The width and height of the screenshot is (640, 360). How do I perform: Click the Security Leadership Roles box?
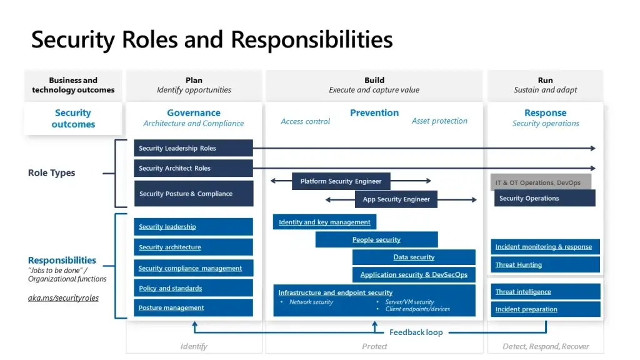(x=194, y=148)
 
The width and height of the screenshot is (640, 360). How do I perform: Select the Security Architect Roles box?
(x=194, y=168)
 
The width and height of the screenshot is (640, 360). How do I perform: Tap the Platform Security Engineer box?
(x=341, y=181)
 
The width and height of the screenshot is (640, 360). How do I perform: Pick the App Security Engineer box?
(x=396, y=199)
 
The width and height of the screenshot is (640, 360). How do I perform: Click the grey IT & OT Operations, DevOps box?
(x=541, y=182)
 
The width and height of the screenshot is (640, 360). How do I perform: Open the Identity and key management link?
(x=324, y=222)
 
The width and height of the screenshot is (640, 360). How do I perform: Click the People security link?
(x=376, y=239)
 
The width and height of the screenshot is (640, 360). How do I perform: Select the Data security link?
(x=414, y=257)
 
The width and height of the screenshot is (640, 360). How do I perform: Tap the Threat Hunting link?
(x=518, y=264)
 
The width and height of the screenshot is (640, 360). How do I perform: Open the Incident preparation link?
(x=526, y=309)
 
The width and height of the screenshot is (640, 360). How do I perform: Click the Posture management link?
(x=171, y=307)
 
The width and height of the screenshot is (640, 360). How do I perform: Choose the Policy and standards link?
(x=170, y=288)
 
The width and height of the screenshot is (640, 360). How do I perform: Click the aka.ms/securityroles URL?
(x=63, y=298)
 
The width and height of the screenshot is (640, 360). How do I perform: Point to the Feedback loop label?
(x=416, y=332)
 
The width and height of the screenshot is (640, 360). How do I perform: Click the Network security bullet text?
(x=311, y=302)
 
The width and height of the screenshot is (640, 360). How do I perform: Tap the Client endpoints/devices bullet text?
(x=417, y=309)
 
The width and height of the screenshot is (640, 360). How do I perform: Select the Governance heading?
(x=194, y=112)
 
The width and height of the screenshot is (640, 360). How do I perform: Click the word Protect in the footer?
(x=374, y=346)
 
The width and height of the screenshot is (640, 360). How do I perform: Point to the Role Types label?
(x=51, y=172)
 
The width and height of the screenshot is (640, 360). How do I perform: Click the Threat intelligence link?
(x=523, y=291)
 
